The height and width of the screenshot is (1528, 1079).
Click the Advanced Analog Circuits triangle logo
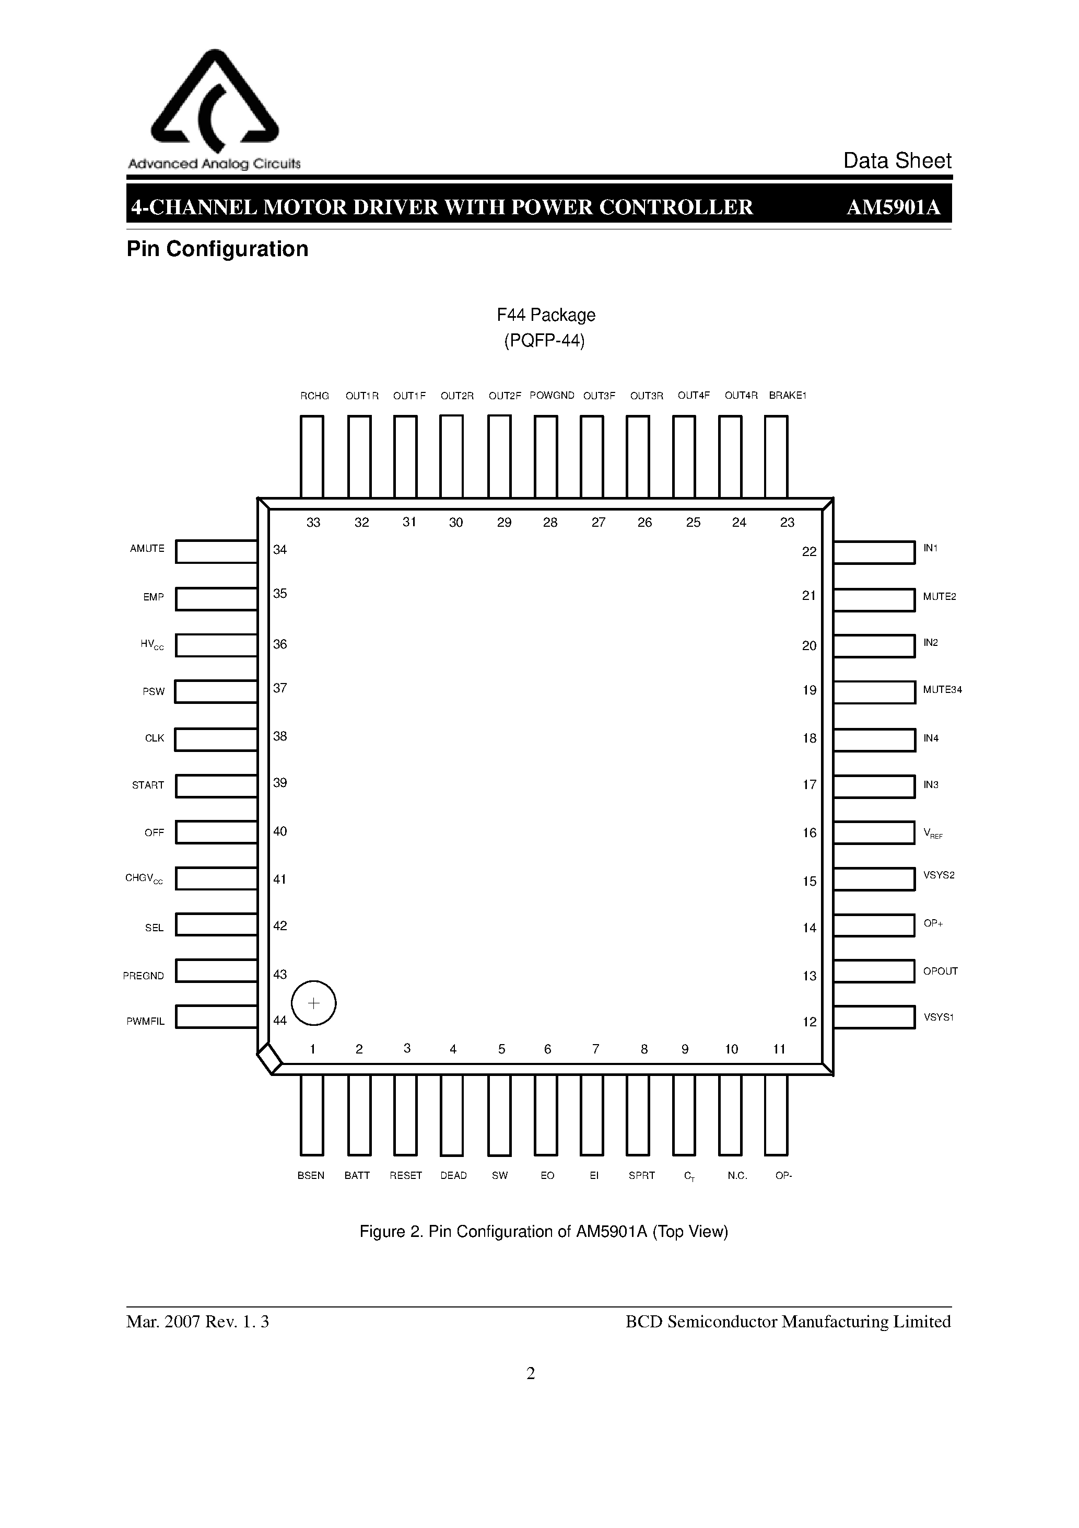point(214,100)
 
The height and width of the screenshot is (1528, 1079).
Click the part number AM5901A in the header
point(894,207)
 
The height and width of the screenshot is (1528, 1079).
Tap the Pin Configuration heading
point(218,249)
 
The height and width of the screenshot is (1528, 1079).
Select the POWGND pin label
point(552,395)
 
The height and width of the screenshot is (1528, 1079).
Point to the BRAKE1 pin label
point(787,395)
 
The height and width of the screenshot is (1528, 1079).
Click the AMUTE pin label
point(147,548)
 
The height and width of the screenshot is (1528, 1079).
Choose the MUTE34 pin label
point(942,689)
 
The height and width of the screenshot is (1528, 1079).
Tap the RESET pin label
point(406,1175)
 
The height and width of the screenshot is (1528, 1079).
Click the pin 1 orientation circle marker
point(314,1003)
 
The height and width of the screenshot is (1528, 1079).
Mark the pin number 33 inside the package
point(313,523)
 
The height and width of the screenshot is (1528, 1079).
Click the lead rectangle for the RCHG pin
point(312,457)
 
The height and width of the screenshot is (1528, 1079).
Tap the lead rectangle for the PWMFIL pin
point(217,1017)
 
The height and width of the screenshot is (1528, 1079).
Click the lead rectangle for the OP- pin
point(776,1115)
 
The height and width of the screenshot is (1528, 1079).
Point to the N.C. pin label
point(737,1175)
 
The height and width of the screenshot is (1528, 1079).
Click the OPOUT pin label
point(940,971)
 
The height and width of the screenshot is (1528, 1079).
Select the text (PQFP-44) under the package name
point(544,341)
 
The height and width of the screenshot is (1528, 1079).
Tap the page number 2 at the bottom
point(531,1373)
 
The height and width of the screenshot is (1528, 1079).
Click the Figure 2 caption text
point(544,1231)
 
